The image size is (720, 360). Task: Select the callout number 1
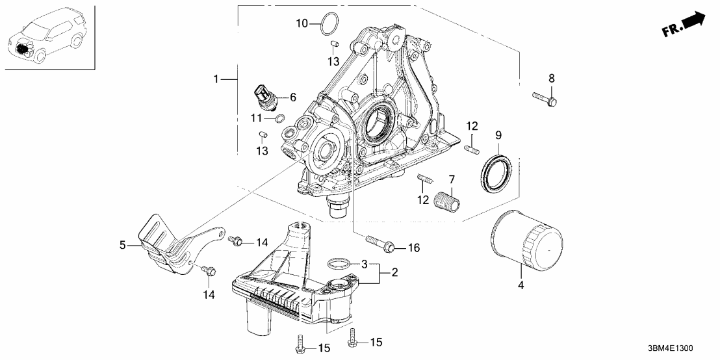click(217, 79)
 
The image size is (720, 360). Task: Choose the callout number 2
click(393, 274)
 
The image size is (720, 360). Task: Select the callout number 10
click(302, 24)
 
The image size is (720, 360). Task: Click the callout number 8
click(551, 79)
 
